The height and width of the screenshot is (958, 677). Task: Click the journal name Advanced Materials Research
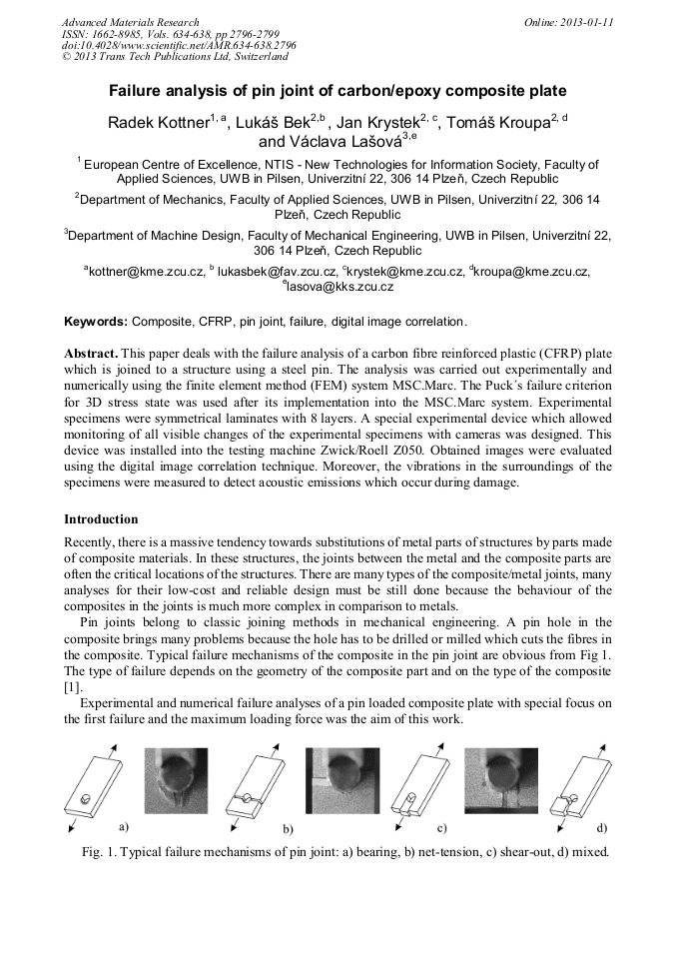pyautogui.click(x=130, y=21)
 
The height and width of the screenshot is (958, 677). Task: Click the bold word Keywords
pyautogui.click(x=95, y=322)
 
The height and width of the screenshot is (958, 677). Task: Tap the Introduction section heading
pyautogui.click(x=101, y=519)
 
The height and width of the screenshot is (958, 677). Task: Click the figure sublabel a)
pyautogui.click(x=125, y=827)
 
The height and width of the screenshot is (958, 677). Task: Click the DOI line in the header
pyautogui.click(x=179, y=46)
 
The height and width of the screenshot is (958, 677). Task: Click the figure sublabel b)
pyautogui.click(x=288, y=830)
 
